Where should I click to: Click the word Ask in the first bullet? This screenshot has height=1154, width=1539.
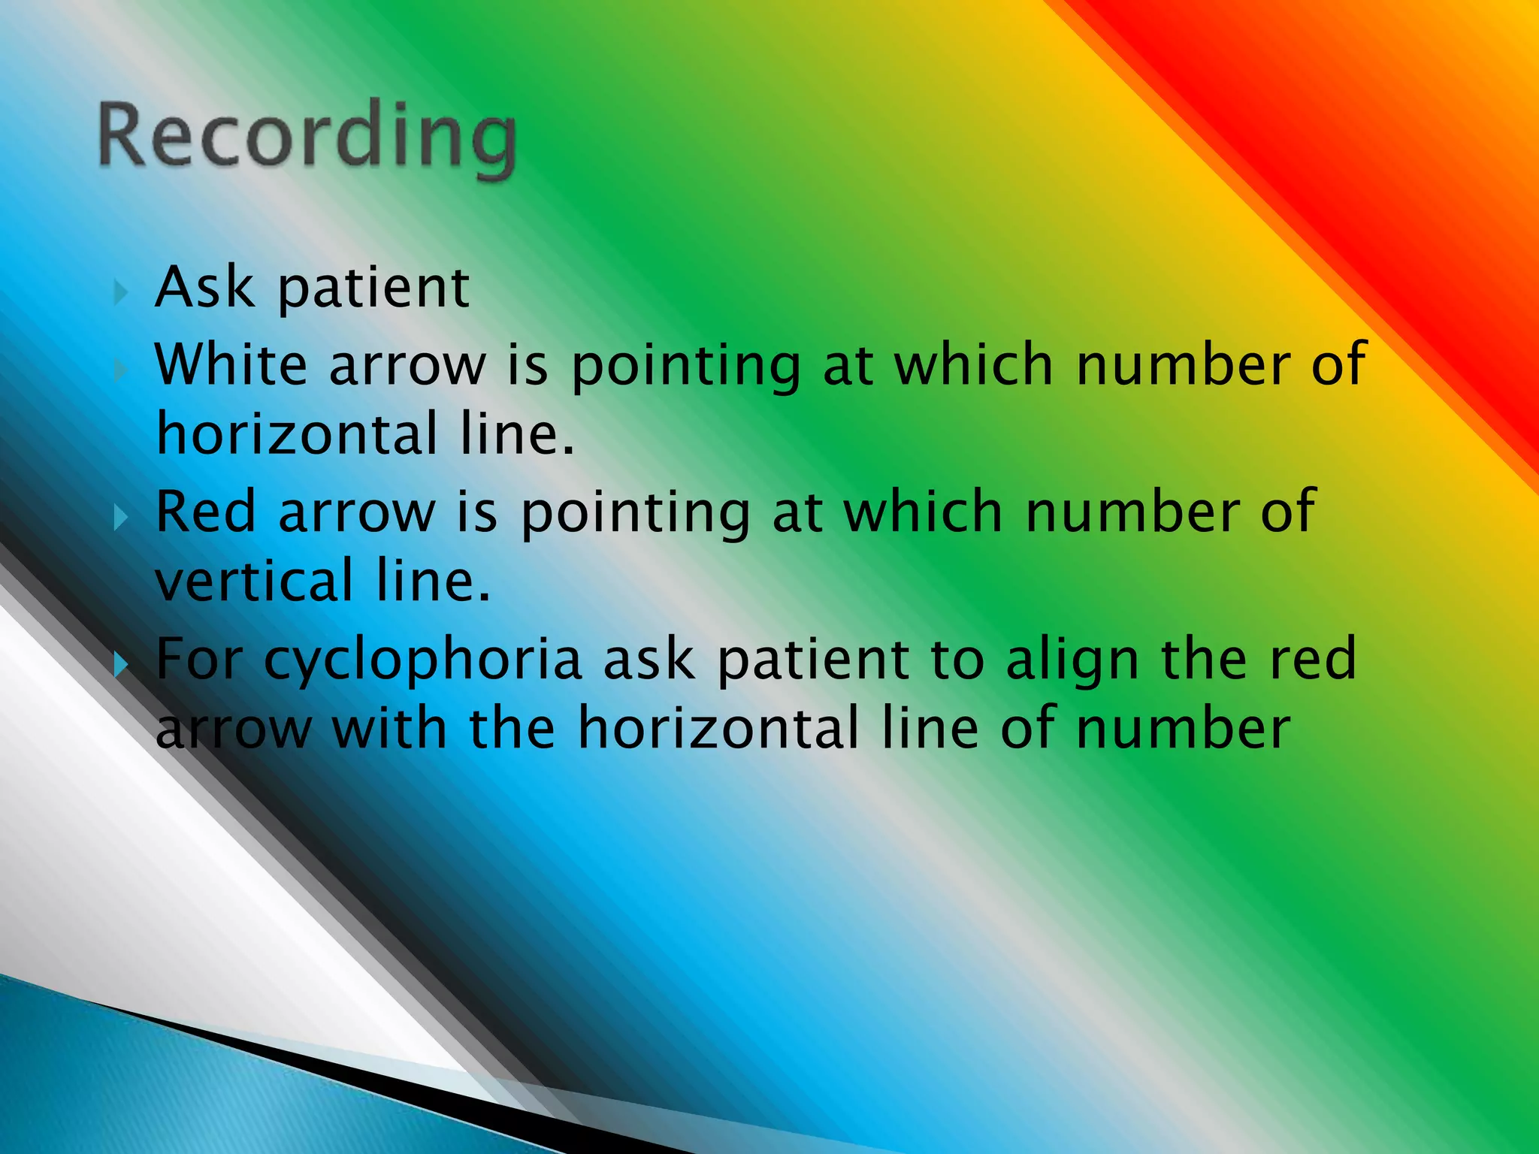click(x=204, y=288)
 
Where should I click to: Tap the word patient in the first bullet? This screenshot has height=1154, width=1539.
click(x=373, y=289)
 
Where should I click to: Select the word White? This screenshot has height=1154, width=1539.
click(x=231, y=364)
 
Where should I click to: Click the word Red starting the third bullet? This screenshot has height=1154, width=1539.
click(x=206, y=512)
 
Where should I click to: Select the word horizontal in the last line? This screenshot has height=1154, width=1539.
click(x=718, y=728)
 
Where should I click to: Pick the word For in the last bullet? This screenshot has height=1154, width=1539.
click(x=199, y=659)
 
